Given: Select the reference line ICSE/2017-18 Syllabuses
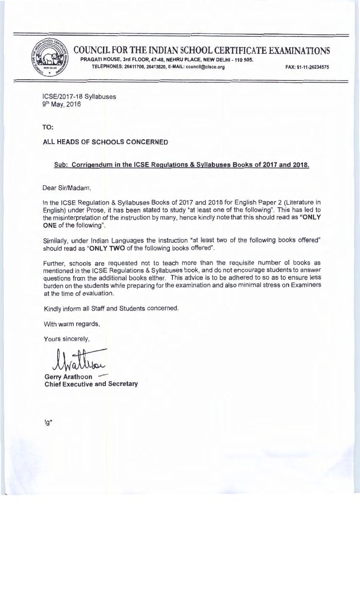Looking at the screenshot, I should [x=80, y=97].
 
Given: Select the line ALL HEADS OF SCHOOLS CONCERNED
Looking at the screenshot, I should [x=105, y=142].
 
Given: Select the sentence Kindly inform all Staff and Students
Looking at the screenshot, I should [x=111, y=308].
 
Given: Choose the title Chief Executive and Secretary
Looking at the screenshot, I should [x=91, y=384].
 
